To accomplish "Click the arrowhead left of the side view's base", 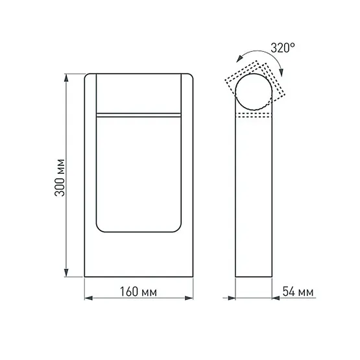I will [x=230, y=299].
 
